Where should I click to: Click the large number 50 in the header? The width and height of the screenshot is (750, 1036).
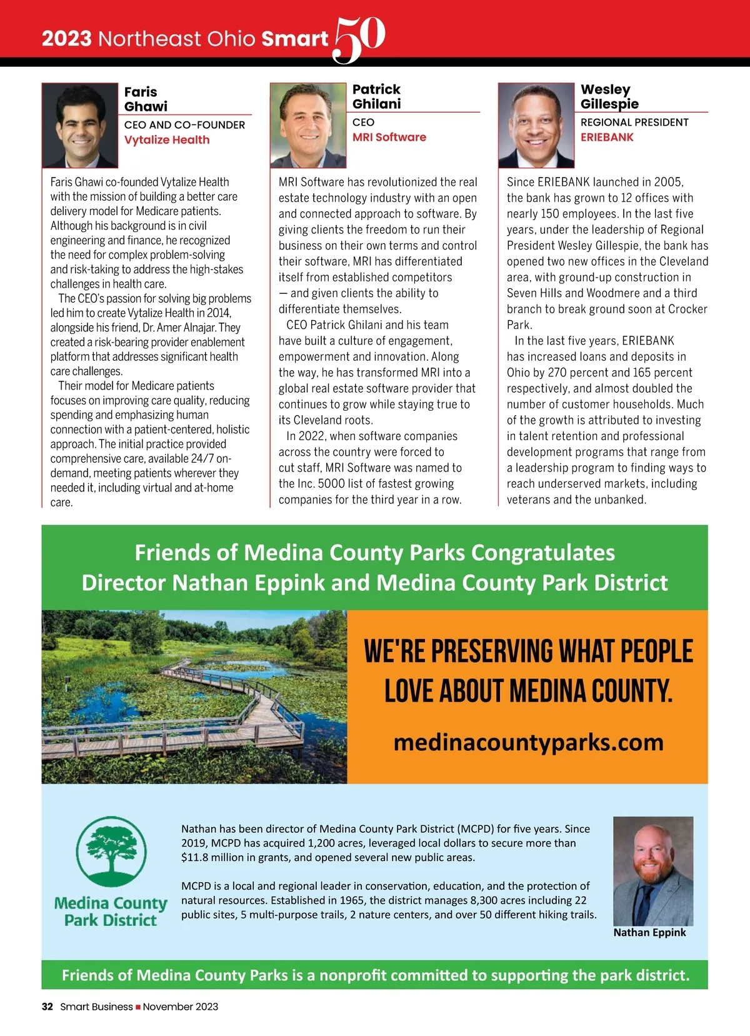pos(359,39)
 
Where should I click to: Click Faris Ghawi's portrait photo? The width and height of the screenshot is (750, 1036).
pos(80,125)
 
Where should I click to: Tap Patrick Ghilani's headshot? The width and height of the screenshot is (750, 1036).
pos(308,125)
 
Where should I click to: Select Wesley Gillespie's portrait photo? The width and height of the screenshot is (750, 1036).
pos(536,125)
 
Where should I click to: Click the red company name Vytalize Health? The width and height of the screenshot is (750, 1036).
pos(167,140)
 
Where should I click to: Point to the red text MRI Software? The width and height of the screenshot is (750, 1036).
pos(389,138)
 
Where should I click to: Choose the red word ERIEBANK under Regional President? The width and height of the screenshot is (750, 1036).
pos(607,138)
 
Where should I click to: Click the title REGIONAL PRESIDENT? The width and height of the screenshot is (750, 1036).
pos(634,123)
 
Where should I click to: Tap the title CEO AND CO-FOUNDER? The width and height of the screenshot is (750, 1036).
pos(184,125)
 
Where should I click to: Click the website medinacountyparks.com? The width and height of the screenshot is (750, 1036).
pos(528,743)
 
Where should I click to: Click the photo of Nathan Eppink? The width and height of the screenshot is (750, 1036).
pos(653,870)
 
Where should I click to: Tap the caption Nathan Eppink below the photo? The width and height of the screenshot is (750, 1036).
pos(649,933)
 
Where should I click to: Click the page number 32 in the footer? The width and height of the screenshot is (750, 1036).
pos(47,1007)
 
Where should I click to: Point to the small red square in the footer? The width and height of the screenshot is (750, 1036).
pos(138,1007)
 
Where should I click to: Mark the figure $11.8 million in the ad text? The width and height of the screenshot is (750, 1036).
pos(213,858)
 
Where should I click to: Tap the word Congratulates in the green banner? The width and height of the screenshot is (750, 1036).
pos(542,553)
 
